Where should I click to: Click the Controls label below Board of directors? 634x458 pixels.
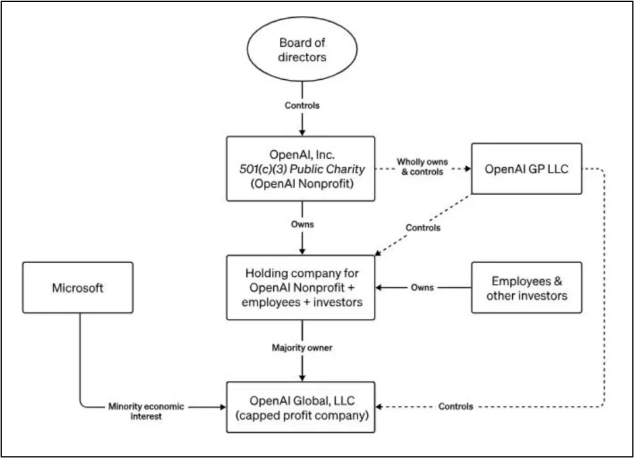pyautogui.click(x=302, y=105)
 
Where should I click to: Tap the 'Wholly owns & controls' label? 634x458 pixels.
pyautogui.click(x=422, y=167)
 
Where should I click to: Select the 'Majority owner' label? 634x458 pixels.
pyautogui.click(x=302, y=347)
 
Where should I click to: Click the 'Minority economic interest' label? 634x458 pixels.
pyautogui.click(x=146, y=411)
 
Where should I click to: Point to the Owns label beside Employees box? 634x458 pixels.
pyautogui.click(x=422, y=288)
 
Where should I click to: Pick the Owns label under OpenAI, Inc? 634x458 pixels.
pyautogui.click(x=302, y=224)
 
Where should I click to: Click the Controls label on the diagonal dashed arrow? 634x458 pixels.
pyautogui.click(x=423, y=228)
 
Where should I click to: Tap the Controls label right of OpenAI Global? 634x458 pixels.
pyautogui.click(x=456, y=406)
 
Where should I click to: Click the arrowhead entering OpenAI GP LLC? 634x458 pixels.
pyautogui.click(x=468, y=169)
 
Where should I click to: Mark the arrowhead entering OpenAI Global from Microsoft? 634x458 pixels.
pyautogui.click(x=223, y=407)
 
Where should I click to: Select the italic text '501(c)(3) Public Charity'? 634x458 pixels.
pyautogui.click(x=302, y=169)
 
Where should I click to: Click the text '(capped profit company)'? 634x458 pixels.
pyautogui.click(x=302, y=416)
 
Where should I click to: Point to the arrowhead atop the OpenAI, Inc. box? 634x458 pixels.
pyautogui.click(x=302, y=132)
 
